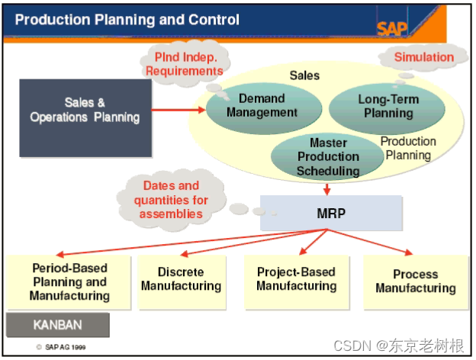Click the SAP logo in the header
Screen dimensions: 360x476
(391, 27)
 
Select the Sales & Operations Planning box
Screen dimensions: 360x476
(85, 110)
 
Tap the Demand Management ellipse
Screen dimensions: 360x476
(262, 106)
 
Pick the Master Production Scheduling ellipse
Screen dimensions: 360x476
(328, 156)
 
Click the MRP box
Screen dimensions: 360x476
(331, 213)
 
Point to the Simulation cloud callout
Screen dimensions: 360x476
(423, 57)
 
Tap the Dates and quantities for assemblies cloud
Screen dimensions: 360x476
(171, 199)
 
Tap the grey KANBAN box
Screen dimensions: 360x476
(58, 324)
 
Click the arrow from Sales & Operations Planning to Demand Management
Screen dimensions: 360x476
(178, 110)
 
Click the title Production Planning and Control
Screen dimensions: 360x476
(127, 20)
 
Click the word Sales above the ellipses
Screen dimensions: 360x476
(304, 76)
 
